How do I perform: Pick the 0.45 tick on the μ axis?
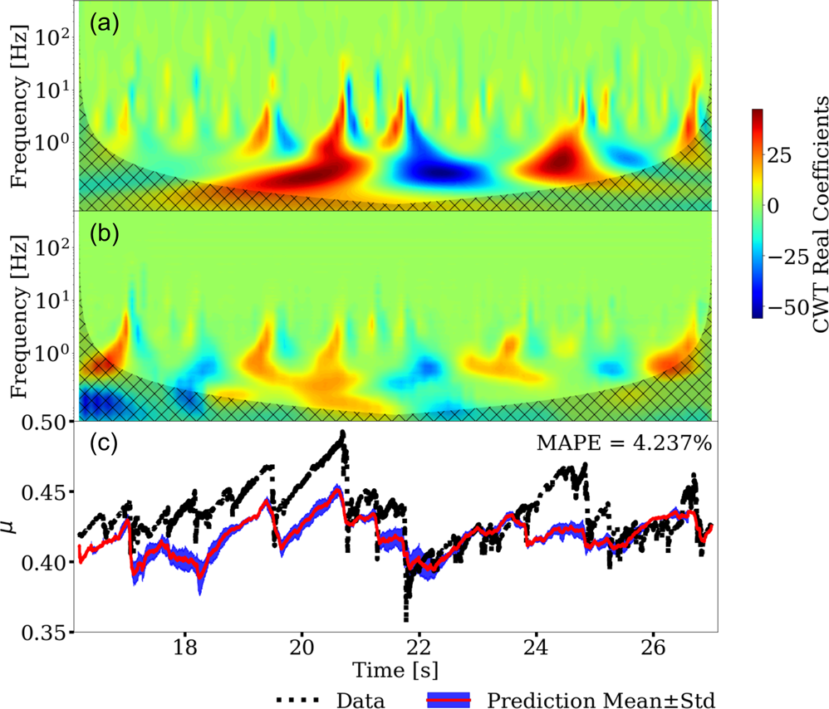(x=52, y=493)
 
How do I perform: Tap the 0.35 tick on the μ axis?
(x=52, y=633)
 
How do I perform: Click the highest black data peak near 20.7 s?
(x=341, y=433)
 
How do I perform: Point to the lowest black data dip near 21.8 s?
(x=406, y=619)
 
